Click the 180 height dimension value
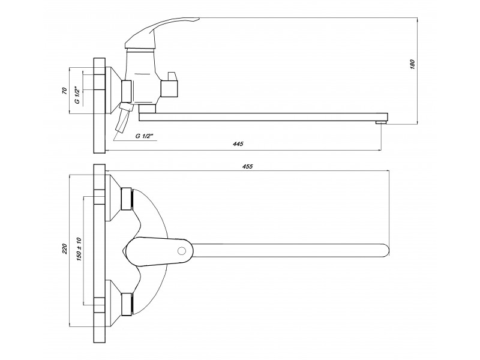412,65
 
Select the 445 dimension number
238,144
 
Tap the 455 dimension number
247,167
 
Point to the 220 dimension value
64,249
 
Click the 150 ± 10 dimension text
79,249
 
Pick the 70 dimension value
64,91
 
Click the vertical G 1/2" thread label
77,95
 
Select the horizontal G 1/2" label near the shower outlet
143,136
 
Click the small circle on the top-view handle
182,251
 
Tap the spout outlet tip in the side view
381,123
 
